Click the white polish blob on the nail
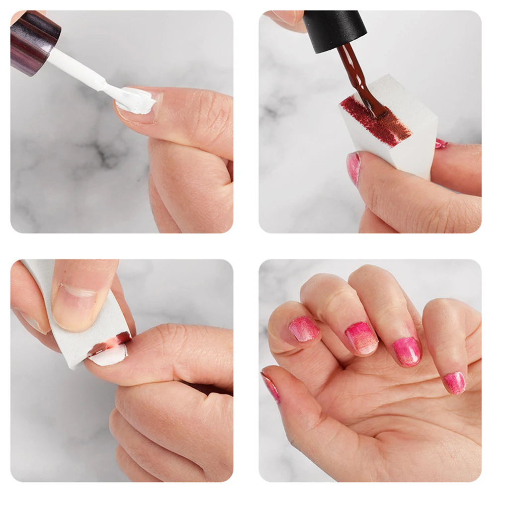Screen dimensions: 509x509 coord(137,101)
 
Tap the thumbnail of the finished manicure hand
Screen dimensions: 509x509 coord(271,387)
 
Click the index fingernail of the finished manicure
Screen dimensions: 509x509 coord(304,329)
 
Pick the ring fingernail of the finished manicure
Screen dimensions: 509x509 coord(407,351)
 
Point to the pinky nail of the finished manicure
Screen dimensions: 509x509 coord(454,383)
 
